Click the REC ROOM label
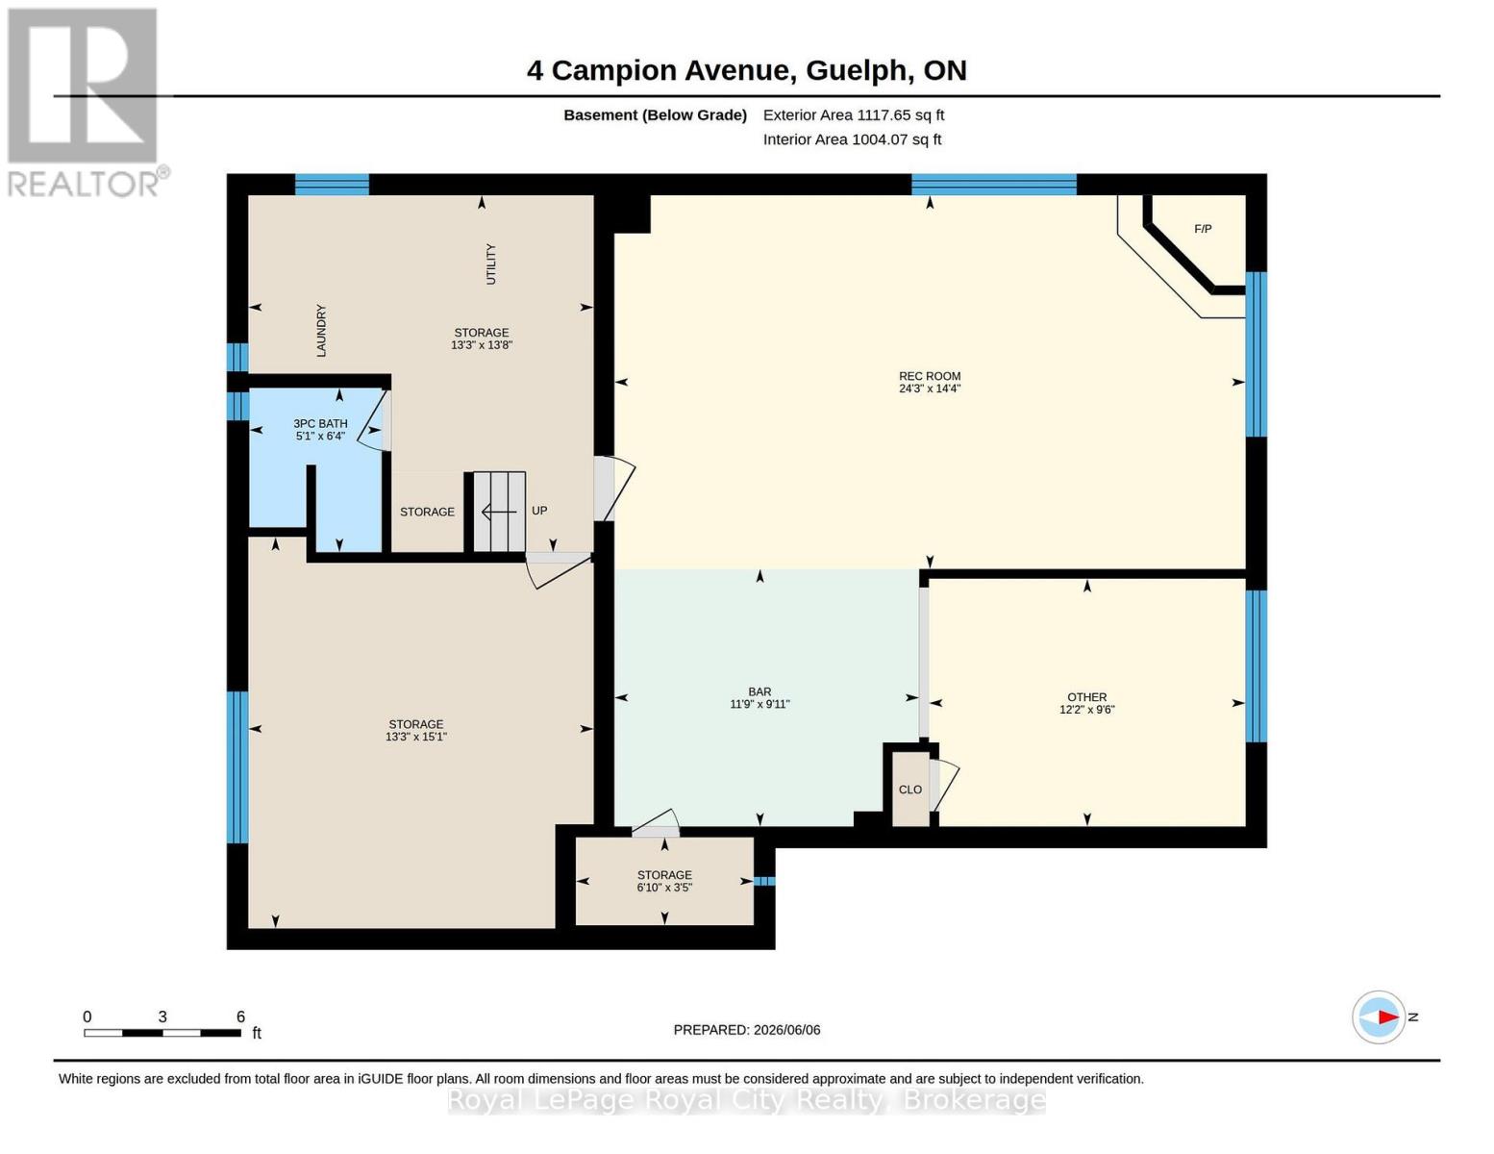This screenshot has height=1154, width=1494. coord(930,376)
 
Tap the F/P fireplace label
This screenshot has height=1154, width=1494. coord(1203,229)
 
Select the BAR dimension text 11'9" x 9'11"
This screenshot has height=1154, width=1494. coord(759,704)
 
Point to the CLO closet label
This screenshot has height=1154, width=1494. coord(910,790)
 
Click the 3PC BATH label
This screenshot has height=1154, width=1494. coord(320,424)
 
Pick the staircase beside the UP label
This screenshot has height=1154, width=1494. coord(499,512)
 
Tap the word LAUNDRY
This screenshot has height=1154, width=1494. coord(321,331)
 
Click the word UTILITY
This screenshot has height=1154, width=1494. coord(491,264)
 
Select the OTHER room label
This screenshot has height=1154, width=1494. coord(1087,697)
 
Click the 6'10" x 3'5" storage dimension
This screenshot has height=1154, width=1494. coord(664,888)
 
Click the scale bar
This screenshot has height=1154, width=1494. coord(162,1033)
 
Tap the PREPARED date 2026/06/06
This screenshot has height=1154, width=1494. coord(787,1030)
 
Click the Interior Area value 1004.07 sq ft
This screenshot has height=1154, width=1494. coord(897,139)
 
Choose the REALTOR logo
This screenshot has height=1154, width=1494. coord(87,103)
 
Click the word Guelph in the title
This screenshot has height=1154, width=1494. coord(856,71)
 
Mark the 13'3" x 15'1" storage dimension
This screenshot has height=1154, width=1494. coord(416,737)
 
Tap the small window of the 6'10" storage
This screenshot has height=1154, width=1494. coord(764,881)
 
